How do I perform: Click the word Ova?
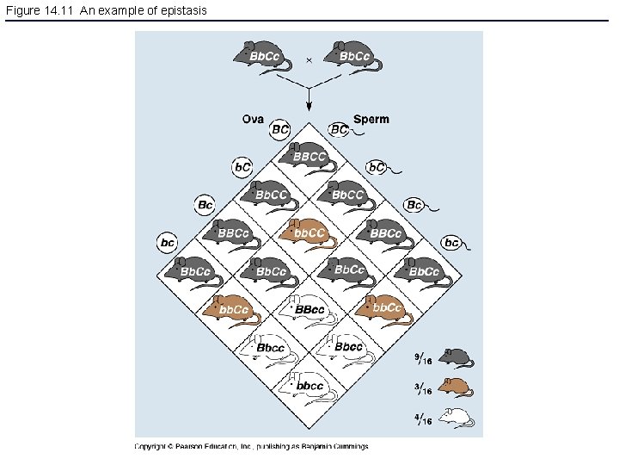[253, 119]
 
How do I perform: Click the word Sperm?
[371, 119]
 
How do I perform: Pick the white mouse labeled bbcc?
[307, 384]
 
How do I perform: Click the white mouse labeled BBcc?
[307, 308]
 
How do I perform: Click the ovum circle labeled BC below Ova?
[280, 129]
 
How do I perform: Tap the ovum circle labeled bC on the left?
[242, 166]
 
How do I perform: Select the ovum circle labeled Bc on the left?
[205, 205]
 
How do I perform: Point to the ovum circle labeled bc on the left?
[168, 243]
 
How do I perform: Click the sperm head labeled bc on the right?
[451, 242]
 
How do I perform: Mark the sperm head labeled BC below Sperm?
[340, 129]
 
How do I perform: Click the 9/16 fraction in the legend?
[423, 358]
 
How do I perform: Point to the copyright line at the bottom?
[251, 446]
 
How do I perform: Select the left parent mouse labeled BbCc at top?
[258, 53]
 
